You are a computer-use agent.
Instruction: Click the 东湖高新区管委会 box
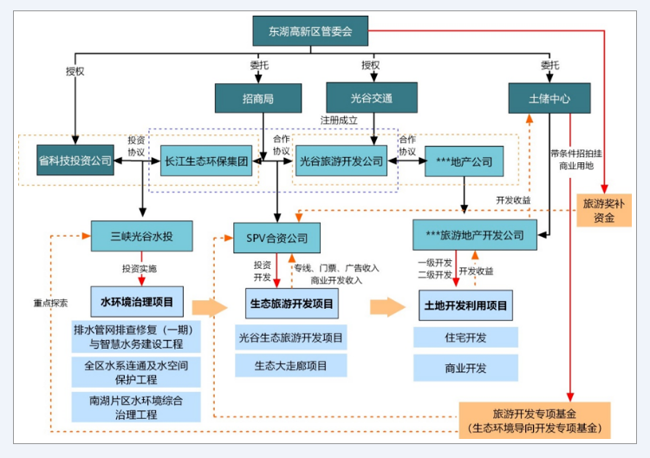tap(309, 31)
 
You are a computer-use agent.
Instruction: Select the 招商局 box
tap(258, 98)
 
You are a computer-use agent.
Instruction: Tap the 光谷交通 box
tap(371, 98)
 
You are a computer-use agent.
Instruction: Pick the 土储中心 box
tap(549, 98)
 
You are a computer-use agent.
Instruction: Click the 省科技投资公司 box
tap(75, 160)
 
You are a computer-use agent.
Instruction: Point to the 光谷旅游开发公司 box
tap(341, 160)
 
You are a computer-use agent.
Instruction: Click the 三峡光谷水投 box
tap(141, 236)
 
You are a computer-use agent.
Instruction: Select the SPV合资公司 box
tap(276, 237)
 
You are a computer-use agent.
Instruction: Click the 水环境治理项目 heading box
tap(136, 303)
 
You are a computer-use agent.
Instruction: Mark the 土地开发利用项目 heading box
tap(465, 305)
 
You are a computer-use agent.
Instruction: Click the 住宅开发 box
tap(465, 337)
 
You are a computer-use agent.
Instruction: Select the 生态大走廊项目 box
tap(291, 365)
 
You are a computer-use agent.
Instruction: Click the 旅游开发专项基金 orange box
tap(535, 421)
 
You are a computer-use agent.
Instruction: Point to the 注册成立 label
tap(338, 120)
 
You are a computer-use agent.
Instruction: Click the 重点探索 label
tap(50, 303)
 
